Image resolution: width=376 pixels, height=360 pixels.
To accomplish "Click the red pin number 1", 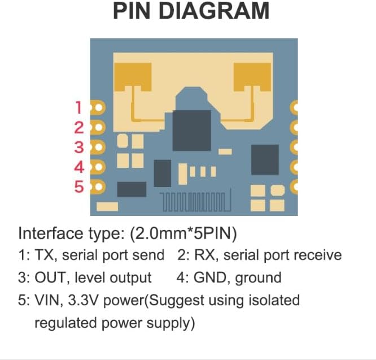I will point(79,106).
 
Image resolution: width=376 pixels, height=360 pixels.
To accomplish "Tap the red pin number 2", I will point(79,127).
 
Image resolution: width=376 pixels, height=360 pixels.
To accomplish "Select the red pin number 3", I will point(79,148).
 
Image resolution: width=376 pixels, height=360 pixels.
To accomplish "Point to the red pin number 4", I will point(79,167).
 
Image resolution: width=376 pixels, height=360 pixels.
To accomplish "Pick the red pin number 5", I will point(79,186).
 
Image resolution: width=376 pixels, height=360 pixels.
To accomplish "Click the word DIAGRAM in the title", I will point(212,11).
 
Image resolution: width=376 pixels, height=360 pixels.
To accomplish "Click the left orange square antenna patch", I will point(134,78).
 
